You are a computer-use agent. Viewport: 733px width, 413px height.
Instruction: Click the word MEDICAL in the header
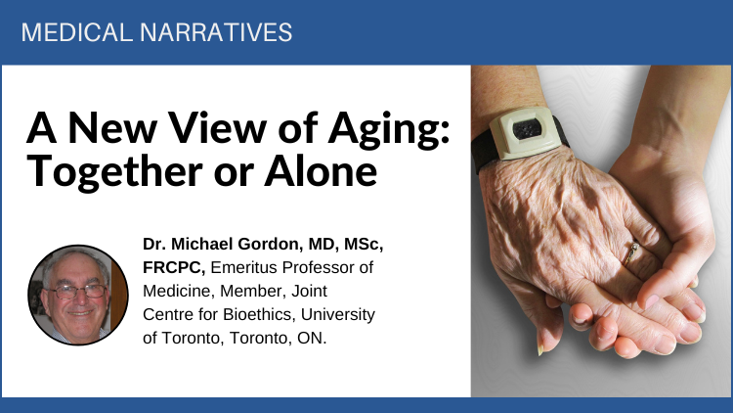click(x=77, y=32)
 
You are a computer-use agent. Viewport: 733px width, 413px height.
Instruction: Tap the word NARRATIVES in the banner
click(x=216, y=32)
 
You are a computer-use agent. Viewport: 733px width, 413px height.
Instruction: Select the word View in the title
click(x=217, y=127)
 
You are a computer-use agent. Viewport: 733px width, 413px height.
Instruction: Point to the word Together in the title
click(x=115, y=171)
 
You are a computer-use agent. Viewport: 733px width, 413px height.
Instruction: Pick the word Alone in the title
click(x=321, y=171)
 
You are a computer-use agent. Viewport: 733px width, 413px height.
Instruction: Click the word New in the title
click(x=112, y=127)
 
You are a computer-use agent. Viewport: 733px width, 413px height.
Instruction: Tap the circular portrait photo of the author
click(x=78, y=295)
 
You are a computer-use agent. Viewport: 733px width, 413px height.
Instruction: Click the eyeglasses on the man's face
click(x=77, y=292)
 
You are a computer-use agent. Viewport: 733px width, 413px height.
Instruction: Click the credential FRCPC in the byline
click(x=174, y=267)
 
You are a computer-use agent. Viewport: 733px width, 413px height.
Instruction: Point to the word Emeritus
click(x=244, y=267)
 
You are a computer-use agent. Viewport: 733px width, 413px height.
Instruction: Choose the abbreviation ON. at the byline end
click(x=312, y=338)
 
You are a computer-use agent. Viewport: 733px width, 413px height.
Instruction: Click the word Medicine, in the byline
click(x=179, y=291)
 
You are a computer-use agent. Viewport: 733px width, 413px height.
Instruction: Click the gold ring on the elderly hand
click(x=630, y=253)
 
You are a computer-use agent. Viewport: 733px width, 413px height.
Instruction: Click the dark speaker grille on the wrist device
click(x=528, y=130)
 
